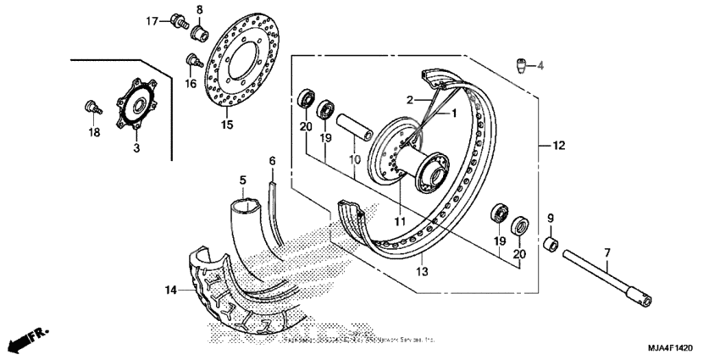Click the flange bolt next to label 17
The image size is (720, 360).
(x=178, y=20)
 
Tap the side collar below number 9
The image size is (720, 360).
(x=550, y=246)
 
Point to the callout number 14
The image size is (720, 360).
(x=171, y=290)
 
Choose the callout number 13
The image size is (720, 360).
(x=422, y=271)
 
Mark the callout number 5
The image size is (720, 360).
(x=242, y=180)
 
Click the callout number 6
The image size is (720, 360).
(x=272, y=160)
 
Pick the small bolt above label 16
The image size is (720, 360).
(x=191, y=60)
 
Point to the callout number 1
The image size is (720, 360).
(x=453, y=113)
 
